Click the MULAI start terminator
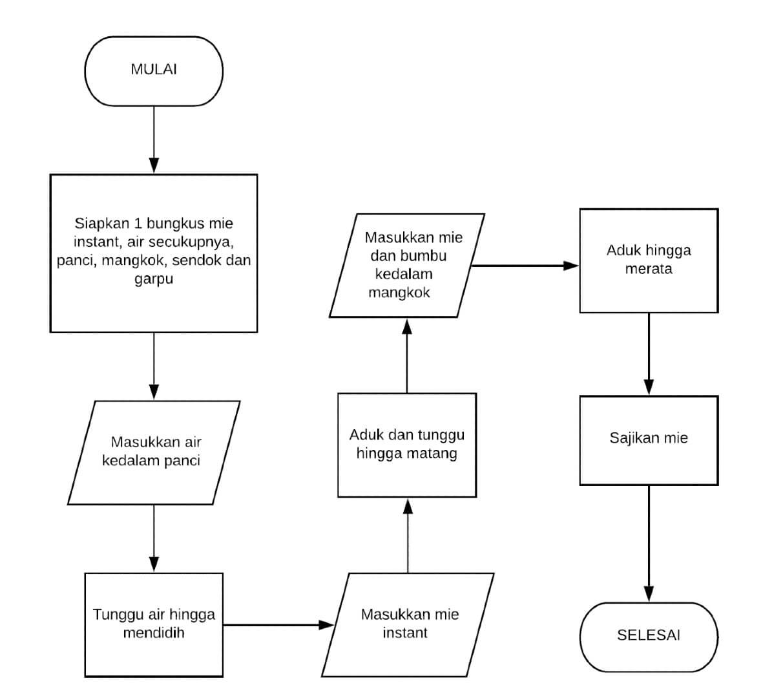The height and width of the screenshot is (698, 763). [154, 70]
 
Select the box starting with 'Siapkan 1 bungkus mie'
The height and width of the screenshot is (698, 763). [154, 253]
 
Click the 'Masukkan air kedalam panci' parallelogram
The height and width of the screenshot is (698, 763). [154, 452]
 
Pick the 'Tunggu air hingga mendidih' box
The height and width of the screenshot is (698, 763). [154, 624]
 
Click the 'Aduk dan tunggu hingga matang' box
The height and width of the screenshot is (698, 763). [407, 445]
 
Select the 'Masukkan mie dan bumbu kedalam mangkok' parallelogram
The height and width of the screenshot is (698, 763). [407, 266]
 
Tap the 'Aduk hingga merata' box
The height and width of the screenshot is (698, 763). [649, 260]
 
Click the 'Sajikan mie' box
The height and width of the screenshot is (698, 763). [649, 439]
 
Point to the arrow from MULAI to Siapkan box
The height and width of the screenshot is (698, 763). [154, 139]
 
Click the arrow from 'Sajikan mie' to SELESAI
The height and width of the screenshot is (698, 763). [649, 543]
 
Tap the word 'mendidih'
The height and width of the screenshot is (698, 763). [154, 633]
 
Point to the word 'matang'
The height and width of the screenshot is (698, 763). [434, 454]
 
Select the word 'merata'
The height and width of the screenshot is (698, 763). [649, 270]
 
